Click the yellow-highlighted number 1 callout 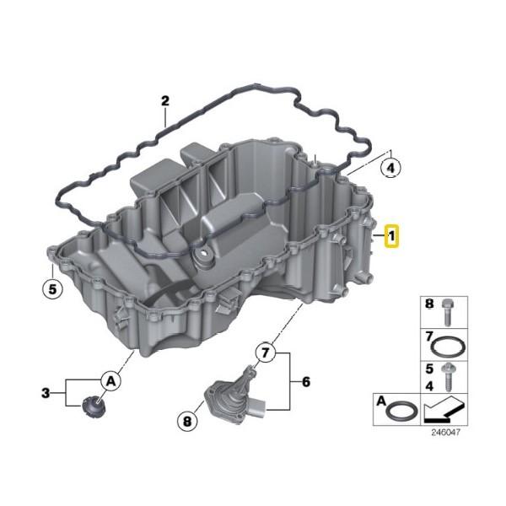[391, 236]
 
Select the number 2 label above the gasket [165, 101]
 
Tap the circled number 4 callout [390, 168]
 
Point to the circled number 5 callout [52, 288]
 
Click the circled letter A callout [110, 382]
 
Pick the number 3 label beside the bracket [46, 393]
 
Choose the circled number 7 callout [265, 353]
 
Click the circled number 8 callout [187, 421]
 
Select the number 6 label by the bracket [305, 382]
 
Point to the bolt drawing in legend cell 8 [447, 313]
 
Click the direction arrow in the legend [444, 410]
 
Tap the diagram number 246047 [445, 432]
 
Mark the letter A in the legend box [381, 401]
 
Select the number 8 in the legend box [429, 304]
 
